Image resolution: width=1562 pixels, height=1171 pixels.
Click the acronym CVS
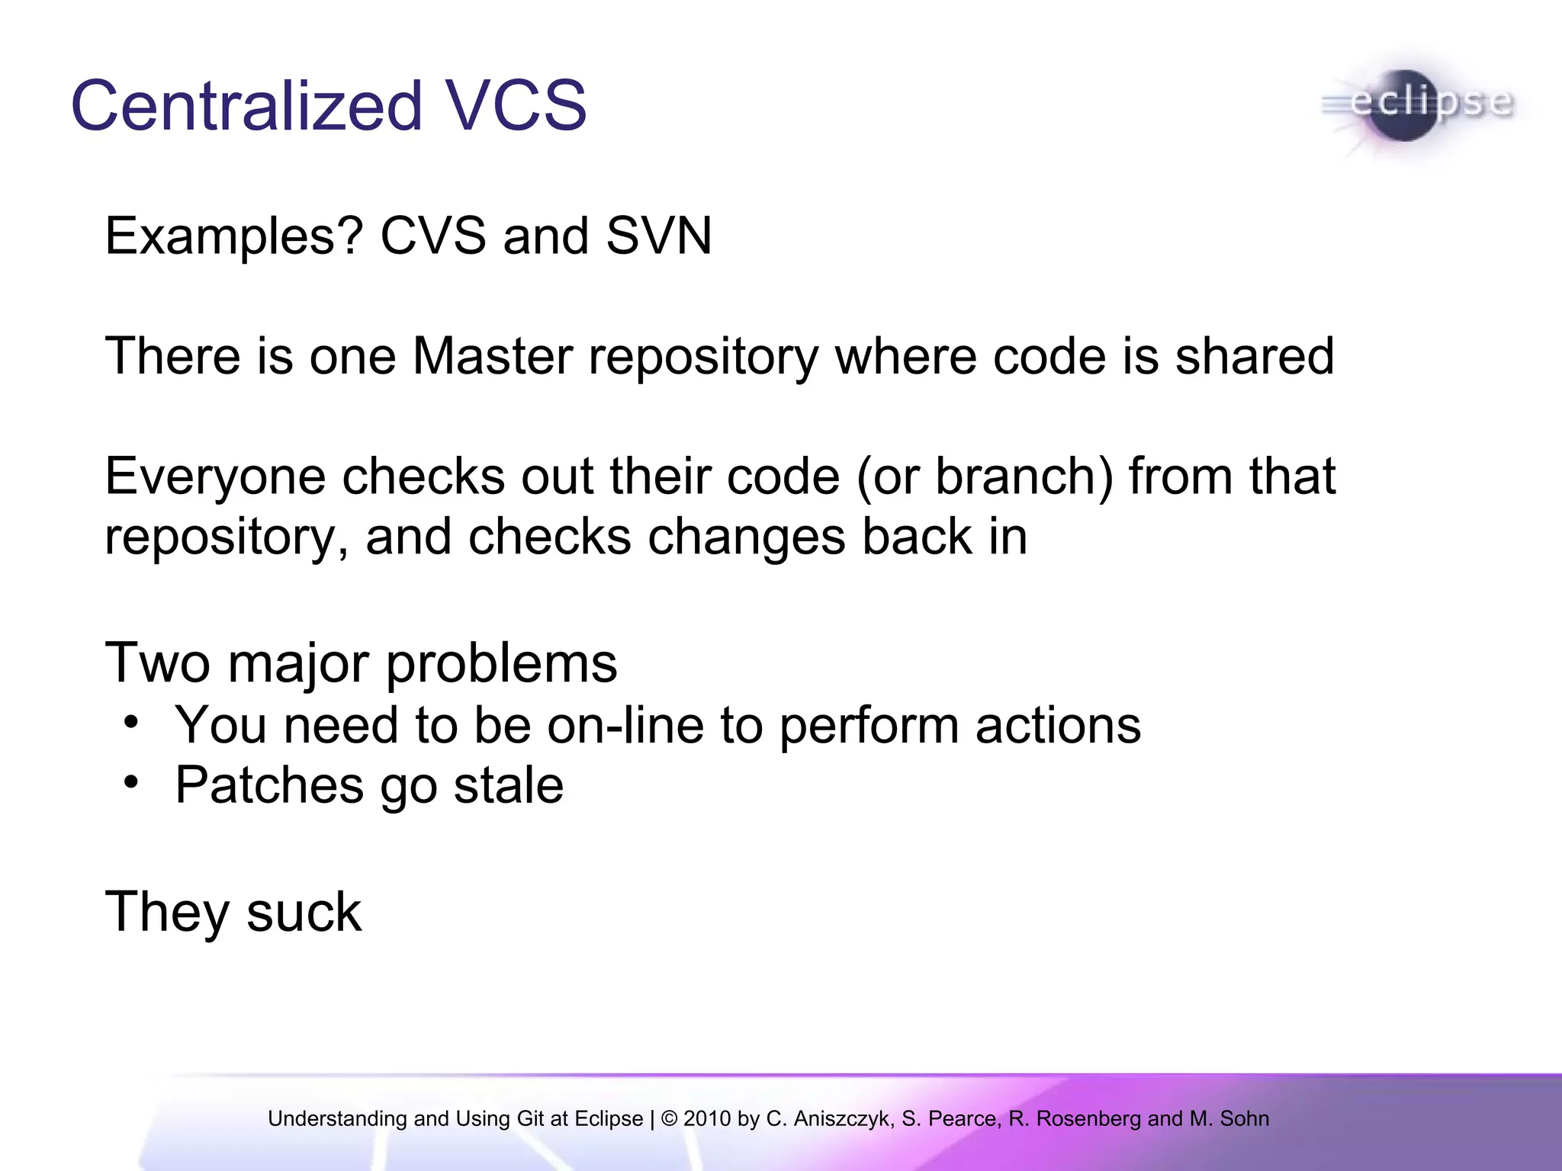click(x=432, y=236)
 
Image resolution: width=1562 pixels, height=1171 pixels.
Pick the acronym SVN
click(x=659, y=236)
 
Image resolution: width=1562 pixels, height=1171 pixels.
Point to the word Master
click(x=492, y=356)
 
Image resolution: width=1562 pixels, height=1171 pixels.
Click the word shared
click(x=1255, y=356)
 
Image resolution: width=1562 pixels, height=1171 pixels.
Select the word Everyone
click(x=215, y=477)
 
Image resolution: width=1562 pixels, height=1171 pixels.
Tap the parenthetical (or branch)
click(x=985, y=477)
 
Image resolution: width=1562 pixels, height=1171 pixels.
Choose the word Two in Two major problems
click(x=158, y=662)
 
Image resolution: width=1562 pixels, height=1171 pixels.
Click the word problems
click(x=501, y=664)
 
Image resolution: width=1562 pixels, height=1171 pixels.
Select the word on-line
click(x=625, y=725)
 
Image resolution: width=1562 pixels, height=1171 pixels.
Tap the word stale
click(x=508, y=785)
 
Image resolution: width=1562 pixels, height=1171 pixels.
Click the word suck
click(x=304, y=912)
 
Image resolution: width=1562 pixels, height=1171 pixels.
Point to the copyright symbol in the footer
click(x=670, y=1118)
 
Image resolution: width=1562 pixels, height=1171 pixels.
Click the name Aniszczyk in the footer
click(x=844, y=1118)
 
